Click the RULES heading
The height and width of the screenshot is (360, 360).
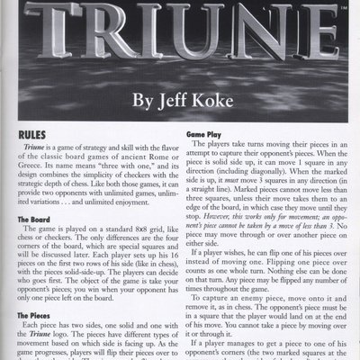coord(34,132)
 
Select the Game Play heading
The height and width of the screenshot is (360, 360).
coord(203,133)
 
